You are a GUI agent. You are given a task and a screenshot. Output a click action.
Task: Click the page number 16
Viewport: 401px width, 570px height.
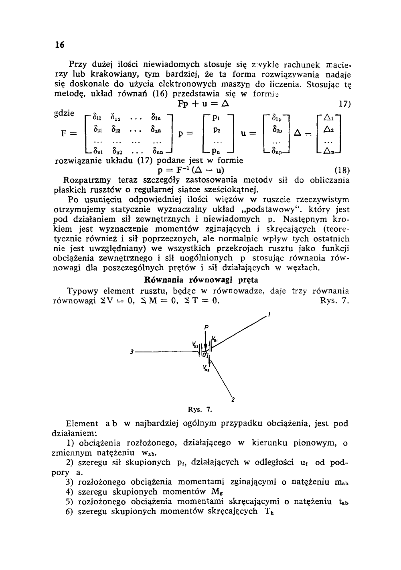[x=60, y=45]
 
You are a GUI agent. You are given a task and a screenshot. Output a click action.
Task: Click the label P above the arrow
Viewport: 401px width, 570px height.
[x=206, y=327]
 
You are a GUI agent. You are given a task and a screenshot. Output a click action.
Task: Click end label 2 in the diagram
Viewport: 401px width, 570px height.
[x=233, y=399]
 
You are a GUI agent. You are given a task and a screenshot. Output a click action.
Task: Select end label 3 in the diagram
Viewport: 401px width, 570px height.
[x=132, y=352]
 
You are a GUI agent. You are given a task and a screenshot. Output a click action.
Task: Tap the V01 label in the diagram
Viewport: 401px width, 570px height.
[x=215, y=338]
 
